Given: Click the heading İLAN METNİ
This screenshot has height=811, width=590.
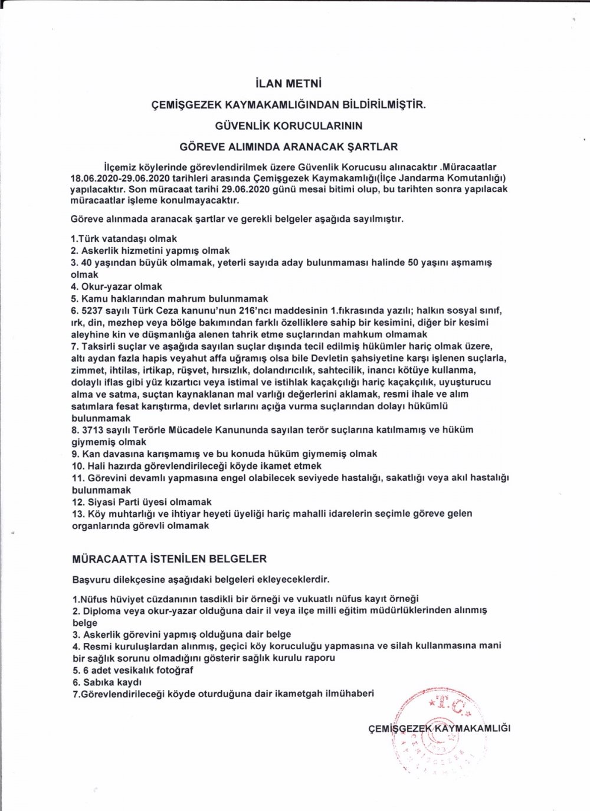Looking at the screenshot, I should point(289,84).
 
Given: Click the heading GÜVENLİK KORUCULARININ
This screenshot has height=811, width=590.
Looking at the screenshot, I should point(289,126).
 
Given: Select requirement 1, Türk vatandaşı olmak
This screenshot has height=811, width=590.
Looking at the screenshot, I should point(123,239).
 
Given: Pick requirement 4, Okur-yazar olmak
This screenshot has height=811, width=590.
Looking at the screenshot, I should point(116,287).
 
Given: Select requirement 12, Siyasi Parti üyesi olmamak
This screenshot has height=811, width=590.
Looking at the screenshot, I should point(142,502).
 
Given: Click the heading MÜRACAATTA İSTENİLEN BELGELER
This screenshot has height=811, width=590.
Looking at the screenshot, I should point(169,558).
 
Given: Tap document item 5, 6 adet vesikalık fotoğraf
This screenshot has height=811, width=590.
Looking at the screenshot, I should point(133,671).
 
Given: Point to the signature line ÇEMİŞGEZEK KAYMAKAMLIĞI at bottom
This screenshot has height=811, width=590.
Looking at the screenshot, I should point(438,728).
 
